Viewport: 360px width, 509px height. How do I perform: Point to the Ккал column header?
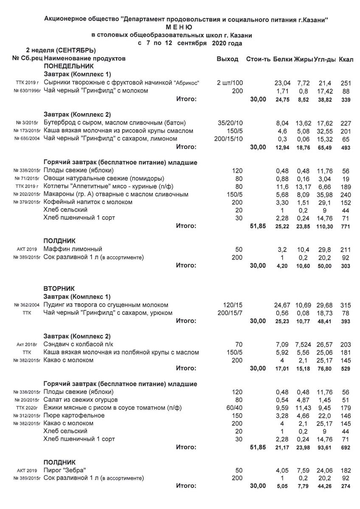click(346, 59)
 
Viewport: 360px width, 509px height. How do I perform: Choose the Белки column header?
click(282, 59)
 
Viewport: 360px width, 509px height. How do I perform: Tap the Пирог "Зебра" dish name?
click(68, 470)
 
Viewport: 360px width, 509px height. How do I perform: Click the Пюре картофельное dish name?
click(74, 416)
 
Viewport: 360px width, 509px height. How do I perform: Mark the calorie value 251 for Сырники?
click(346, 83)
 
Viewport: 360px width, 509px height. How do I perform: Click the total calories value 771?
click(346, 227)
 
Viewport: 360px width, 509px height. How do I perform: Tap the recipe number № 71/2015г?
click(27, 179)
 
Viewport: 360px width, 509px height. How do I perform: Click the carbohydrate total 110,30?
click(323, 227)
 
